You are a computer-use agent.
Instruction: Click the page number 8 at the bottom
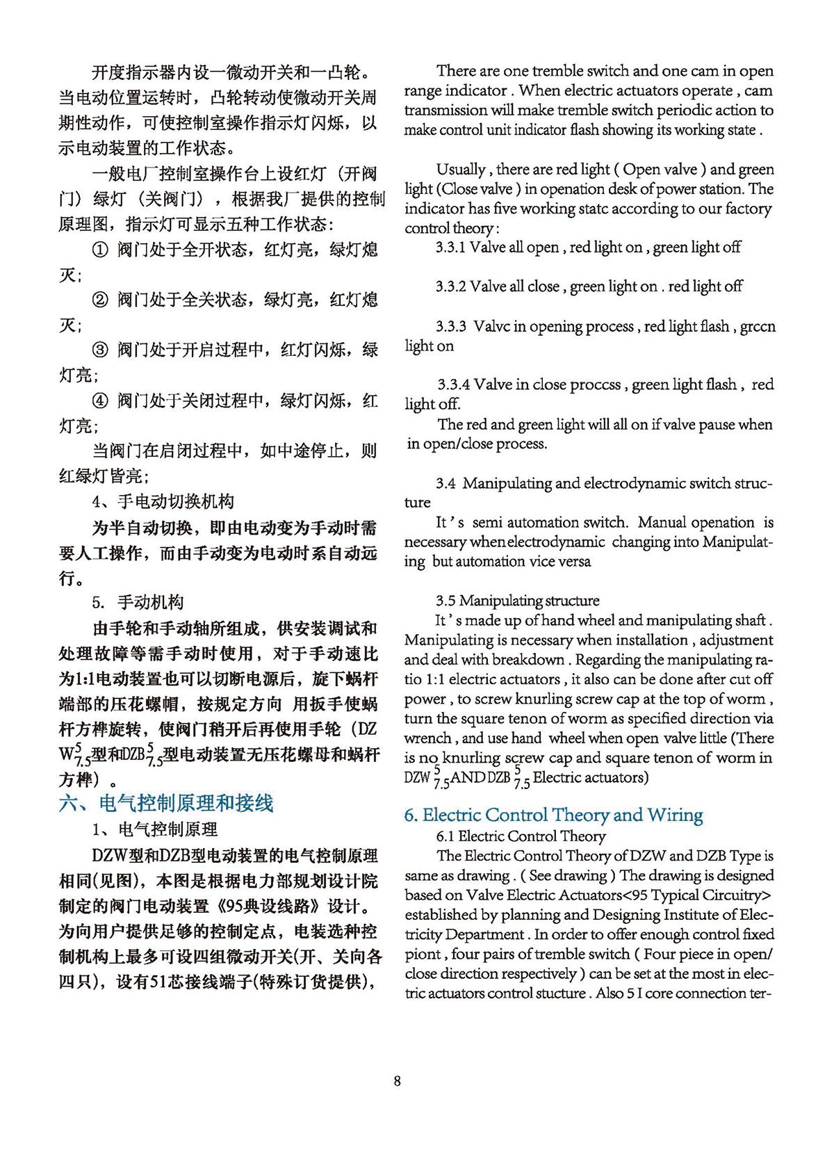pyautogui.click(x=397, y=1080)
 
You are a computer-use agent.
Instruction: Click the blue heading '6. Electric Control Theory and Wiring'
pyautogui.click(x=553, y=815)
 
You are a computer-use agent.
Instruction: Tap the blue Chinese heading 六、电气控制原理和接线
pyautogui.click(x=166, y=803)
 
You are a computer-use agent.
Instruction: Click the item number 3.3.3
pyautogui.click(x=451, y=327)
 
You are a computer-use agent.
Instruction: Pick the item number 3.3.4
pyautogui.click(x=454, y=384)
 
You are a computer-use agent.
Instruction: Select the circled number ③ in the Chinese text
pyautogui.click(x=101, y=350)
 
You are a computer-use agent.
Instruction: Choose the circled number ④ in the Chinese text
pyautogui.click(x=101, y=401)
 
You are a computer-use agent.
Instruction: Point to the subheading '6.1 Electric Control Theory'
pyautogui.click(x=521, y=836)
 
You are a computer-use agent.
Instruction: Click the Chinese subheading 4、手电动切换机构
pyautogui.click(x=163, y=501)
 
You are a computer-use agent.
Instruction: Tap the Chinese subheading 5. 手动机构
pyautogui.click(x=138, y=602)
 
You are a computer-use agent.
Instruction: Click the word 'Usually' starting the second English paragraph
pyautogui.click(x=460, y=170)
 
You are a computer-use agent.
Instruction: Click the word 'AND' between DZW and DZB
pyautogui.click(x=468, y=778)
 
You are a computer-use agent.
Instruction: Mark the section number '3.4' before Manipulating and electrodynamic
pyautogui.click(x=445, y=483)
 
